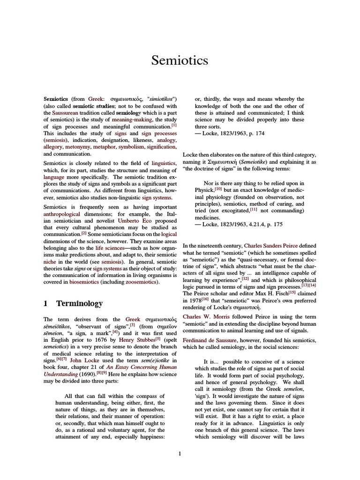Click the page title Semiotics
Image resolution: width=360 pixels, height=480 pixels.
pos(180,60)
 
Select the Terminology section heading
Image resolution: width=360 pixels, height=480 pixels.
pos(79,303)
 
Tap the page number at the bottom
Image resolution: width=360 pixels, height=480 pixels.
pos(180,453)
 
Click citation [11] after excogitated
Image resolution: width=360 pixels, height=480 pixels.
pos(254,209)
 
